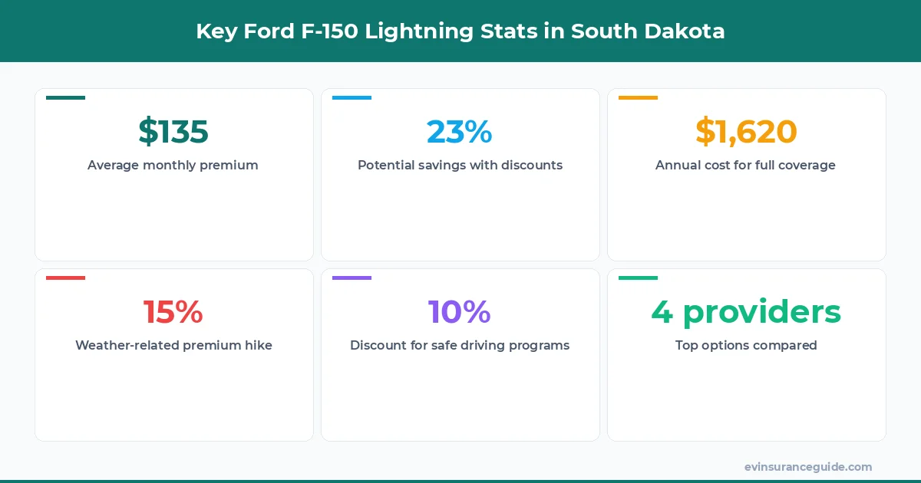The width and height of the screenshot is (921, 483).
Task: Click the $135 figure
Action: [173, 132]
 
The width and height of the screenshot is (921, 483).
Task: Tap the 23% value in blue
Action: [460, 132]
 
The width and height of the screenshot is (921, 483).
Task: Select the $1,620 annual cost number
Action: [746, 132]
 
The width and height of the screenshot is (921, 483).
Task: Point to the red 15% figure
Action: [173, 312]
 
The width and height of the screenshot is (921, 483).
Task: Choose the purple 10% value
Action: [460, 312]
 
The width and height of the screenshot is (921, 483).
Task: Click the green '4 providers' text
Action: [746, 312]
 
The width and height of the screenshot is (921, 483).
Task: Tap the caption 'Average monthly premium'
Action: [173, 165]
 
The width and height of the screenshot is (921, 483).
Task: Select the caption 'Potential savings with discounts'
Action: [460, 165]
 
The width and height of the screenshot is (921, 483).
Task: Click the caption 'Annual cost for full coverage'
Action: [745, 165]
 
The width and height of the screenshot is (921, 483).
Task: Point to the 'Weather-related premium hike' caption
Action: [173, 345]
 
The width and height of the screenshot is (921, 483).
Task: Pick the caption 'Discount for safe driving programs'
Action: [460, 345]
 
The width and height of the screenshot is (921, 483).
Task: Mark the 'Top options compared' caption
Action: [746, 345]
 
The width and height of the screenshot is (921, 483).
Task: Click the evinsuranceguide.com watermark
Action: [807, 467]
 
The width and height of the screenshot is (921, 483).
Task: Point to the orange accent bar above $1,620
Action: [638, 98]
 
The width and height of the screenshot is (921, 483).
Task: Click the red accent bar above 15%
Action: [65, 278]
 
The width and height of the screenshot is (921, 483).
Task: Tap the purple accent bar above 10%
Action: [352, 278]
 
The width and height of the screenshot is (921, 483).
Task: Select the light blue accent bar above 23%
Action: [352, 98]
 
